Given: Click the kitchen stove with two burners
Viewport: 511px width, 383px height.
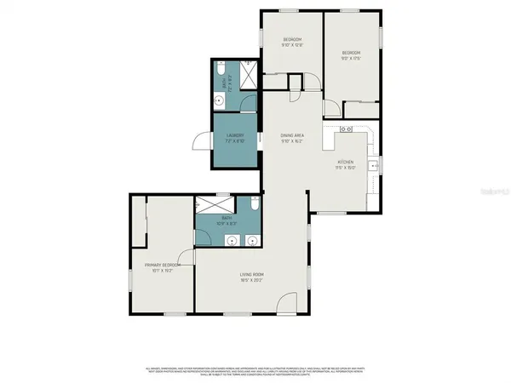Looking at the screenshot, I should pos(347,129).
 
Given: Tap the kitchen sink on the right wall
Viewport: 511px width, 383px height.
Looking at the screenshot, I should pos(373,163).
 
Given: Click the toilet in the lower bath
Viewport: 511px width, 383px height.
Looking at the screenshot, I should pos(255,205).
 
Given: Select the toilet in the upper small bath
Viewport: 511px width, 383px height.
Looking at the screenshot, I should pos(220,69).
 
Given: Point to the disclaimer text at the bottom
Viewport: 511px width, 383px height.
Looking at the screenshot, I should pos(255,370).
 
